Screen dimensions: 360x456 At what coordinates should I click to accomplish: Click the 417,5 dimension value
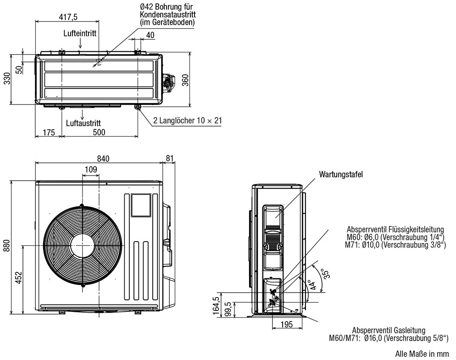click(x=68, y=17)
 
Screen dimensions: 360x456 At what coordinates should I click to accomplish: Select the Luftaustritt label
click(x=83, y=123)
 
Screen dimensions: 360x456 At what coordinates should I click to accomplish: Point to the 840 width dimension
click(x=103, y=158)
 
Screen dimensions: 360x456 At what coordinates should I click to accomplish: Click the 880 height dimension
click(x=6, y=246)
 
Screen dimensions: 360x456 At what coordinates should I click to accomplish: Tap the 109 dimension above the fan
click(x=90, y=170)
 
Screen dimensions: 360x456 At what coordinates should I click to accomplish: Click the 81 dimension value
click(x=170, y=158)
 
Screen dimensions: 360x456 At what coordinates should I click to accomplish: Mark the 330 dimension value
click(x=6, y=79)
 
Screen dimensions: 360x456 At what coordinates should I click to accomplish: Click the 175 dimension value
click(x=49, y=133)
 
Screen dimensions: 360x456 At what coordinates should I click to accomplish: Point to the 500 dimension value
click(x=99, y=133)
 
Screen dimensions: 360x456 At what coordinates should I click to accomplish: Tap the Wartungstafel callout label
click(x=341, y=174)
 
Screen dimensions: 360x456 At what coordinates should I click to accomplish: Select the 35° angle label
click(x=326, y=274)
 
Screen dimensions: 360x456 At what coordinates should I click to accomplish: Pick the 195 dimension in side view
click(x=286, y=325)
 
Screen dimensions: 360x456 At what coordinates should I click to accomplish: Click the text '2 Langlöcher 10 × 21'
click(x=187, y=121)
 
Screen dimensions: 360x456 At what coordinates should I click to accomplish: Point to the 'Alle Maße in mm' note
click(x=422, y=354)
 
